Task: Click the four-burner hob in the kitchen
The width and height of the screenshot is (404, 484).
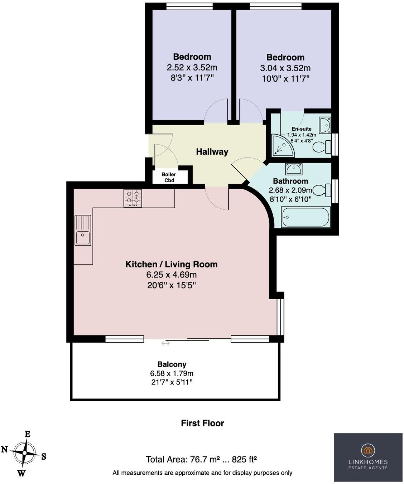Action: pyautogui.click(x=133, y=198)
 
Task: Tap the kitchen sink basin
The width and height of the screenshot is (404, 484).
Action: pyautogui.click(x=82, y=238)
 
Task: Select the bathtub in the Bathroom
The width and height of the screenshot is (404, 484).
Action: pyautogui.click(x=306, y=217)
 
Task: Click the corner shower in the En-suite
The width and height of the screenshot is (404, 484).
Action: pyautogui.click(x=283, y=146)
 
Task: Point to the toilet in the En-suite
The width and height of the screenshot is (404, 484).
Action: pyautogui.click(x=322, y=147)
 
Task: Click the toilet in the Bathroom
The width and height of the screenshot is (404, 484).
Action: pyautogui.click(x=322, y=190)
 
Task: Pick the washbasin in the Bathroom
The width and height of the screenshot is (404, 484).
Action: pyautogui.click(x=294, y=169)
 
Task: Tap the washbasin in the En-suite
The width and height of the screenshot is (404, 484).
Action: pyautogui.click(x=325, y=125)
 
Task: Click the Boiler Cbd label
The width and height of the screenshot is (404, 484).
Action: pyautogui.click(x=169, y=177)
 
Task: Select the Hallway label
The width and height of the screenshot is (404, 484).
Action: pyautogui.click(x=212, y=151)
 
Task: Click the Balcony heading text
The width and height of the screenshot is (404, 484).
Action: pyautogui.click(x=172, y=364)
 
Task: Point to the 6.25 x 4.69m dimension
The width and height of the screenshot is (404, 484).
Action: pyautogui.click(x=172, y=275)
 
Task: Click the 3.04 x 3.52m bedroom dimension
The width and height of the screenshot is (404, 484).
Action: pyautogui.click(x=285, y=68)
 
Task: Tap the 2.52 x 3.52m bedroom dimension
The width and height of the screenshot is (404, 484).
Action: pyautogui.click(x=192, y=67)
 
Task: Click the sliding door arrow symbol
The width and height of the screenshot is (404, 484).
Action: pyautogui.click(x=165, y=343)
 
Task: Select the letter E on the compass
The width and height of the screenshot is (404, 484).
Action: pyautogui.click(x=28, y=434)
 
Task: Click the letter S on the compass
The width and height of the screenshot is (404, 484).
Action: pyautogui.click(x=44, y=456)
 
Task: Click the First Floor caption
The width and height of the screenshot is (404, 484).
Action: pyautogui.click(x=202, y=423)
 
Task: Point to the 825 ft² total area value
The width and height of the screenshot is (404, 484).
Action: pyautogui.click(x=244, y=459)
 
